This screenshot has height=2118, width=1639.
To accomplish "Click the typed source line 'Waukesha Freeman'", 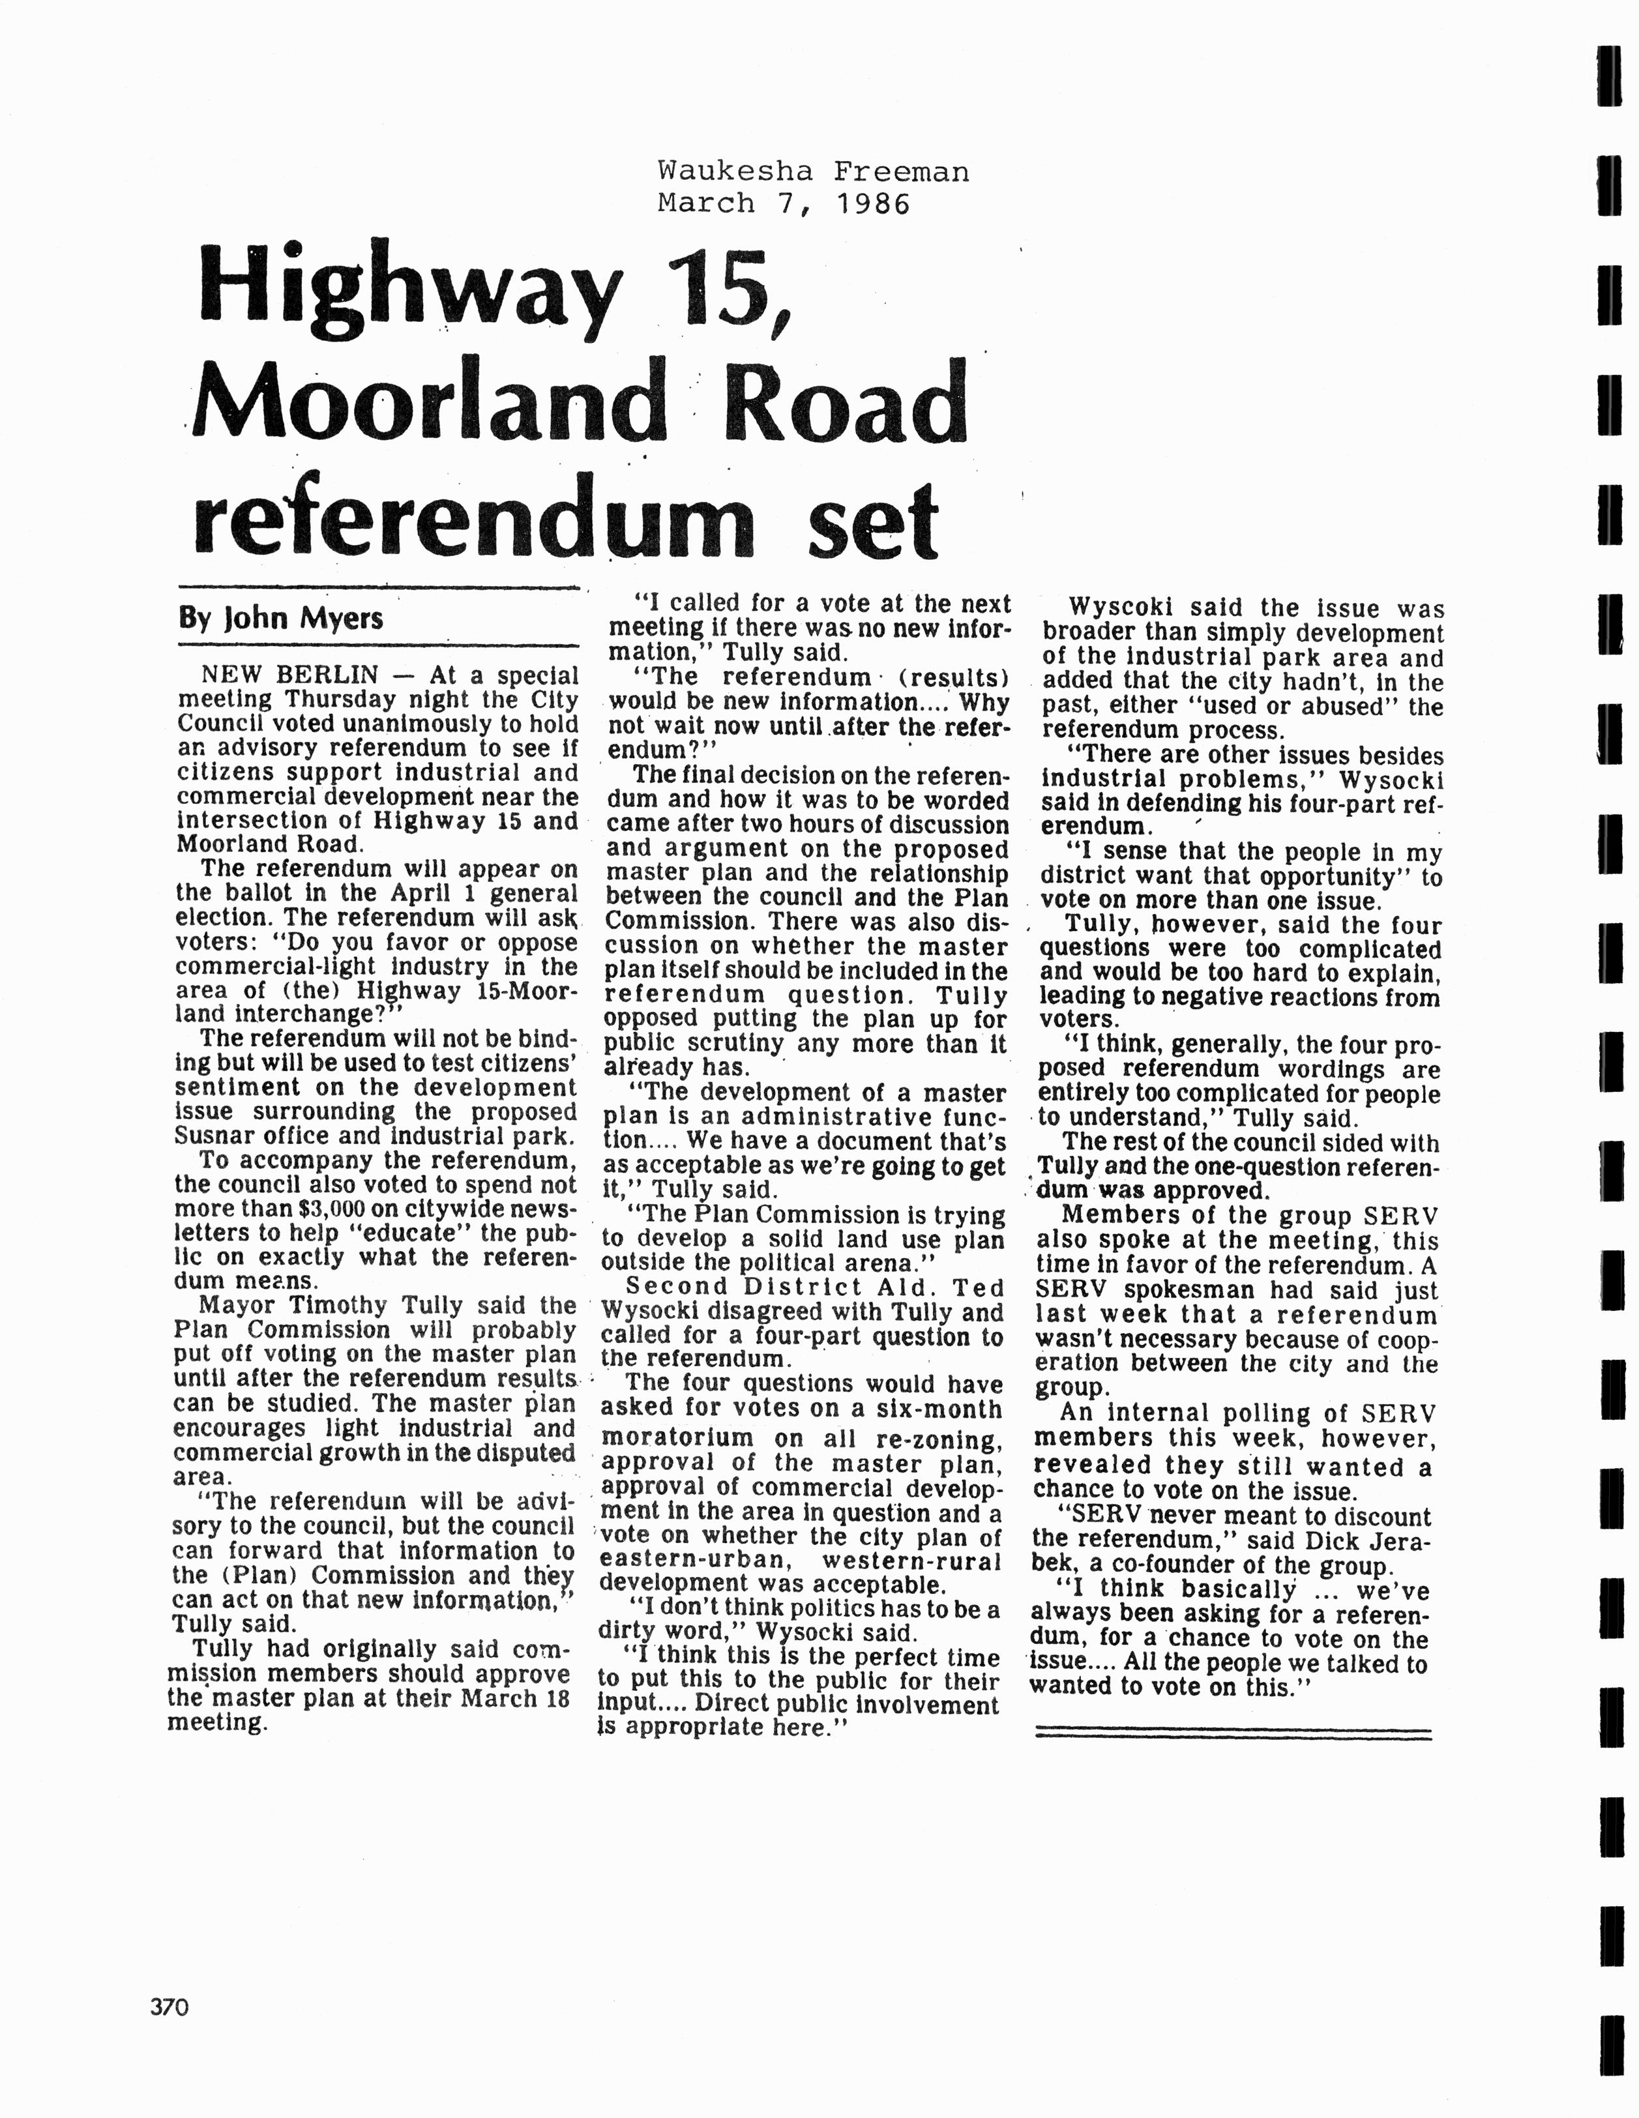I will [x=813, y=171].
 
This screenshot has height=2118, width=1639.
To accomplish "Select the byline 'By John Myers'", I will [x=280, y=618].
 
